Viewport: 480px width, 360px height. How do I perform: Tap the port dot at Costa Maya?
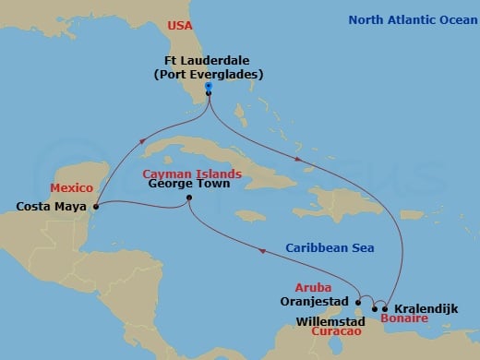pos(96,207)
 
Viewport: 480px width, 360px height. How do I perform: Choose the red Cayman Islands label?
pos(192,173)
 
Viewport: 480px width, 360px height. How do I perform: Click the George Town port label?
pos(188,184)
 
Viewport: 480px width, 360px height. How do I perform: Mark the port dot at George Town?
pos(188,198)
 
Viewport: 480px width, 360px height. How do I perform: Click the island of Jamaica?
pos(251,216)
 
